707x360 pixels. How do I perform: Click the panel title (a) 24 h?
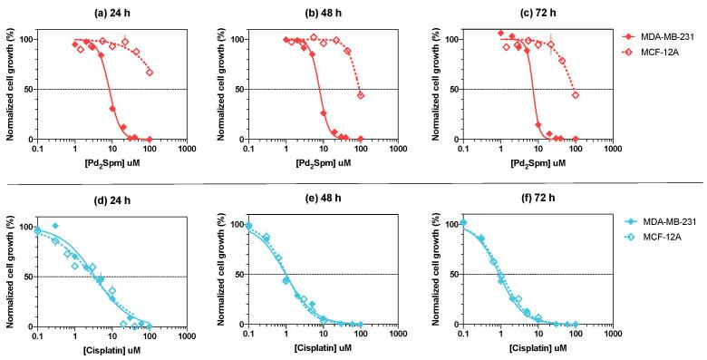tap(111, 11)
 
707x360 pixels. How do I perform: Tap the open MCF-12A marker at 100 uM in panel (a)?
tap(150, 73)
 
